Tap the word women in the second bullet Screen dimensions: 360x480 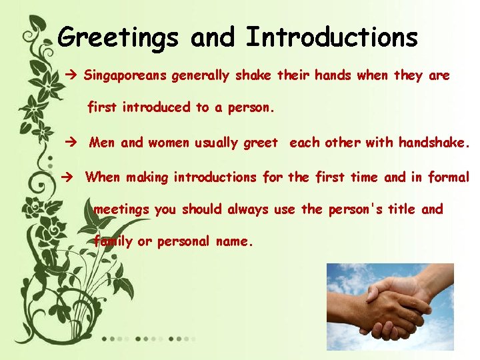(169, 142)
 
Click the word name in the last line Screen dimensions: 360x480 (233, 241)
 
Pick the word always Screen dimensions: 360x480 (248, 209)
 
